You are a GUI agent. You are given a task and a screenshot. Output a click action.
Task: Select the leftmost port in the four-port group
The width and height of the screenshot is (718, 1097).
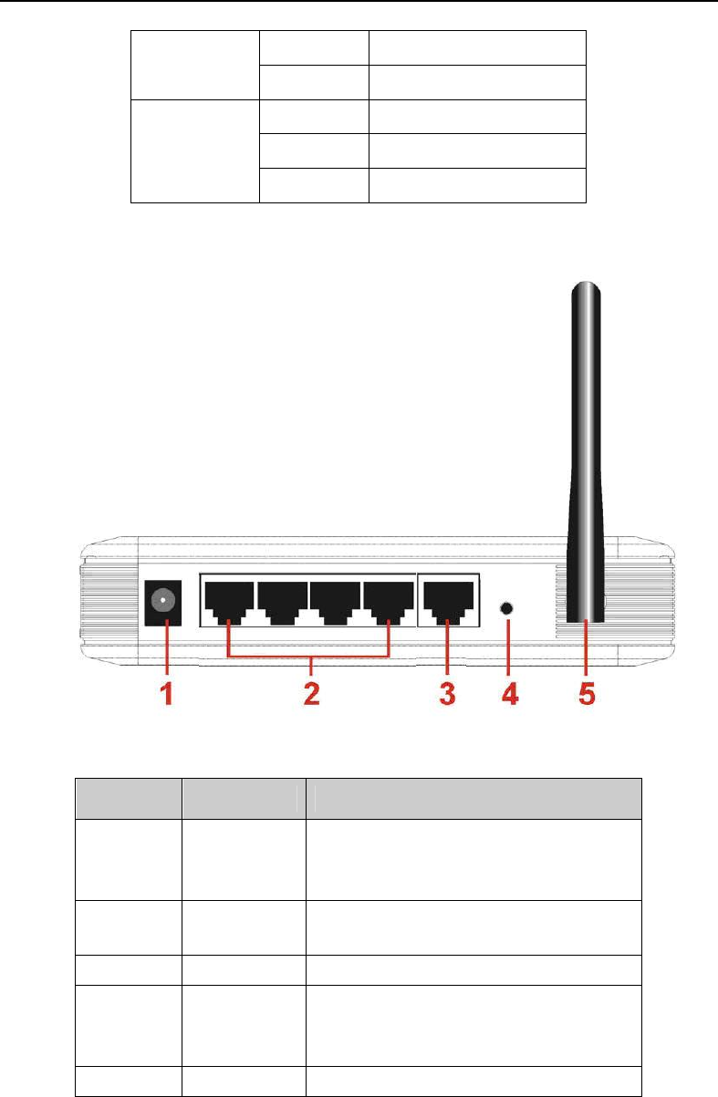[228, 600]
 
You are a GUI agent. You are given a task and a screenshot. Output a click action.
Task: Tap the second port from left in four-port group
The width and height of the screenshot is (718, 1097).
[282, 600]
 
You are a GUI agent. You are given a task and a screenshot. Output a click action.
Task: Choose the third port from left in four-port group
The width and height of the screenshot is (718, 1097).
[335, 600]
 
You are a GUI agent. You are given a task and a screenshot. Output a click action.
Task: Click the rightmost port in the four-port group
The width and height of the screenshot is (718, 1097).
[389, 600]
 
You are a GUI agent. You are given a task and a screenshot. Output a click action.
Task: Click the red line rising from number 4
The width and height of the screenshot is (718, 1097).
[508, 647]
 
